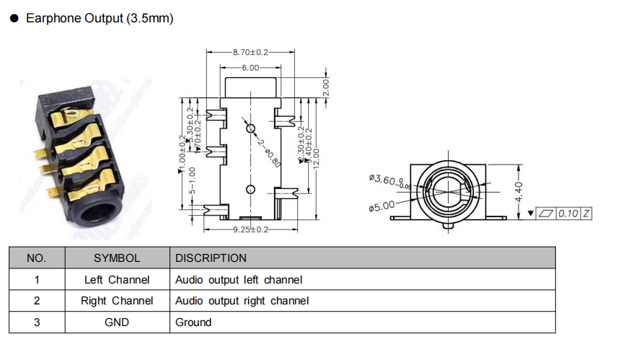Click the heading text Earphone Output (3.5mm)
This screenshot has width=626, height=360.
click(x=100, y=19)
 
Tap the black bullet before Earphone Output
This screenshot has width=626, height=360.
click(x=14, y=19)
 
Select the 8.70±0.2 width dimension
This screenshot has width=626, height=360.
click(x=250, y=53)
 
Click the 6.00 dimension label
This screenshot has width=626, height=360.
click(x=250, y=67)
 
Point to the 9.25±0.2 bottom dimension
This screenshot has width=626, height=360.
click(x=250, y=229)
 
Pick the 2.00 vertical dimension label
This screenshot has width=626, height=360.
click(x=325, y=88)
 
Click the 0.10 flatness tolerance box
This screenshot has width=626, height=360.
click(x=570, y=214)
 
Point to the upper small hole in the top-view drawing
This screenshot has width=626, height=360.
click(x=250, y=128)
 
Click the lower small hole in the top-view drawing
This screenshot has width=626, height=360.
click(x=250, y=190)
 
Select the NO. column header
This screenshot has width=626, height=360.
click(x=36, y=258)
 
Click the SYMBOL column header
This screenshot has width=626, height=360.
click(x=117, y=258)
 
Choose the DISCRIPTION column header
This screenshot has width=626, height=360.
click(x=211, y=258)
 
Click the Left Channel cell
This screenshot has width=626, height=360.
click(x=117, y=280)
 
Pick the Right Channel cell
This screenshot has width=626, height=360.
click(x=117, y=301)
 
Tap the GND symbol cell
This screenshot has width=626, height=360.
click(x=117, y=322)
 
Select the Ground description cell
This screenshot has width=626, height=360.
click(x=193, y=322)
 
